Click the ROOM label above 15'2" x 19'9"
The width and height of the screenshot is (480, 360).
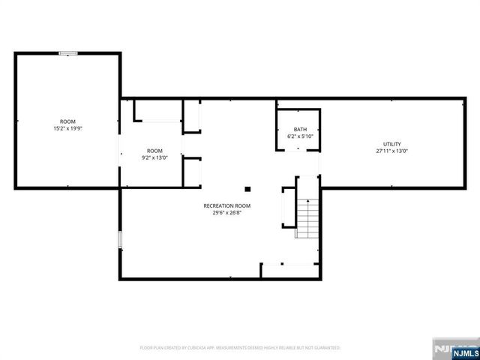click(68, 121)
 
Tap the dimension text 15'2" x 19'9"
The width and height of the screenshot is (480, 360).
click(68, 129)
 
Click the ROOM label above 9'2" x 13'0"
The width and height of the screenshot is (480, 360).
click(154, 151)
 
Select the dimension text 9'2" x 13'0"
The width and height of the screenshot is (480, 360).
click(154, 158)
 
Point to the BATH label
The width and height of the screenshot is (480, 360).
click(300, 129)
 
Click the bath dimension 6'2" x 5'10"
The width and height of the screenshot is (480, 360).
click(300, 136)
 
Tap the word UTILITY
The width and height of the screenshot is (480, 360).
click(391, 144)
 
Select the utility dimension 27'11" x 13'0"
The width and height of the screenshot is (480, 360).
click(391, 151)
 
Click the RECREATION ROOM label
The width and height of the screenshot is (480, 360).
click(226, 205)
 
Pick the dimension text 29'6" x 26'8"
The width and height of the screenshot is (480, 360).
click(226, 213)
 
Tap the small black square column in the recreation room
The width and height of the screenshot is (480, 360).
click(247, 188)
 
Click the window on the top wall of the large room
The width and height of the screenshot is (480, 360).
click(68, 52)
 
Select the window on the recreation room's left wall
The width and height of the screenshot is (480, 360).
click(120, 239)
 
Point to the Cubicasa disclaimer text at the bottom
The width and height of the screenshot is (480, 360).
click(240, 348)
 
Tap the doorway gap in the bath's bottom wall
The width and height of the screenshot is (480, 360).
click(298, 150)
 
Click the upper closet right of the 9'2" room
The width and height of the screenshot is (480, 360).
click(193, 118)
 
